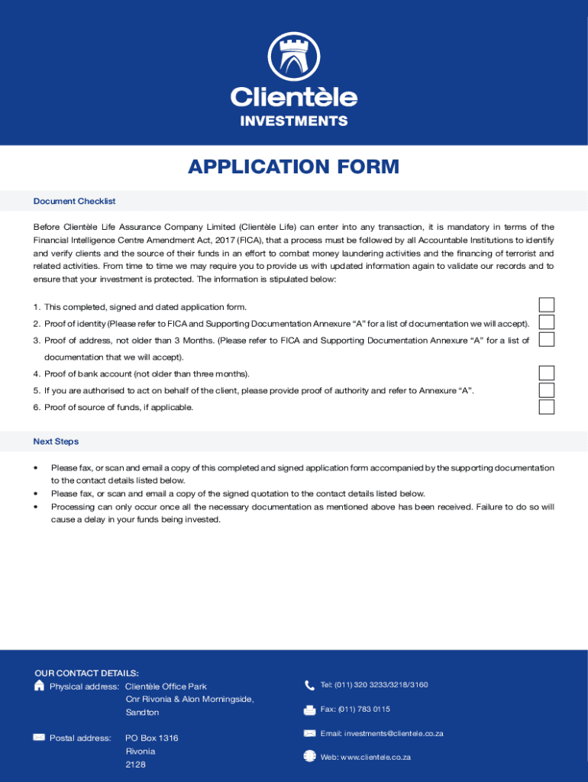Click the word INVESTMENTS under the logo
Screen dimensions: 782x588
pyautogui.click(x=294, y=121)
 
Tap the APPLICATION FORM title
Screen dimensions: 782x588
pyautogui.click(x=294, y=166)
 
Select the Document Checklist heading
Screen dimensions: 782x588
pyautogui.click(x=74, y=201)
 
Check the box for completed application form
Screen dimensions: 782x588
pyautogui.click(x=547, y=305)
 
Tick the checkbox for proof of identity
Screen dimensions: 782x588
pyautogui.click(x=547, y=322)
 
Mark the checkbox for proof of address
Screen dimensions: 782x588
pyautogui.click(x=547, y=339)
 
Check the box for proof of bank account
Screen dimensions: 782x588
pyautogui.click(x=547, y=373)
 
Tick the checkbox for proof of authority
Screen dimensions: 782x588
pyautogui.click(x=547, y=389)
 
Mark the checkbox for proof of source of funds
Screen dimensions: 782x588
pyautogui.click(x=547, y=406)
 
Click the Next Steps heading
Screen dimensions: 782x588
pyautogui.click(x=56, y=441)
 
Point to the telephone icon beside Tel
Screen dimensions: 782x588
pyautogui.click(x=309, y=685)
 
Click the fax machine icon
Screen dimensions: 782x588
pyautogui.click(x=309, y=709)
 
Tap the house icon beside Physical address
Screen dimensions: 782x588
pyautogui.click(x=40, y=686)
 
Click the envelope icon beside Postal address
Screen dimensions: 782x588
pyautogui.click(x=39, y=737)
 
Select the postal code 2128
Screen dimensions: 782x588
pyautogui.click(x=135, y=764)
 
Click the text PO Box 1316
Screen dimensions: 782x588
pyautogui.click(x=152, y=738)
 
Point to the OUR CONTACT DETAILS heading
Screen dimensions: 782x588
pyautogui.click(x=86, y=673)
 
